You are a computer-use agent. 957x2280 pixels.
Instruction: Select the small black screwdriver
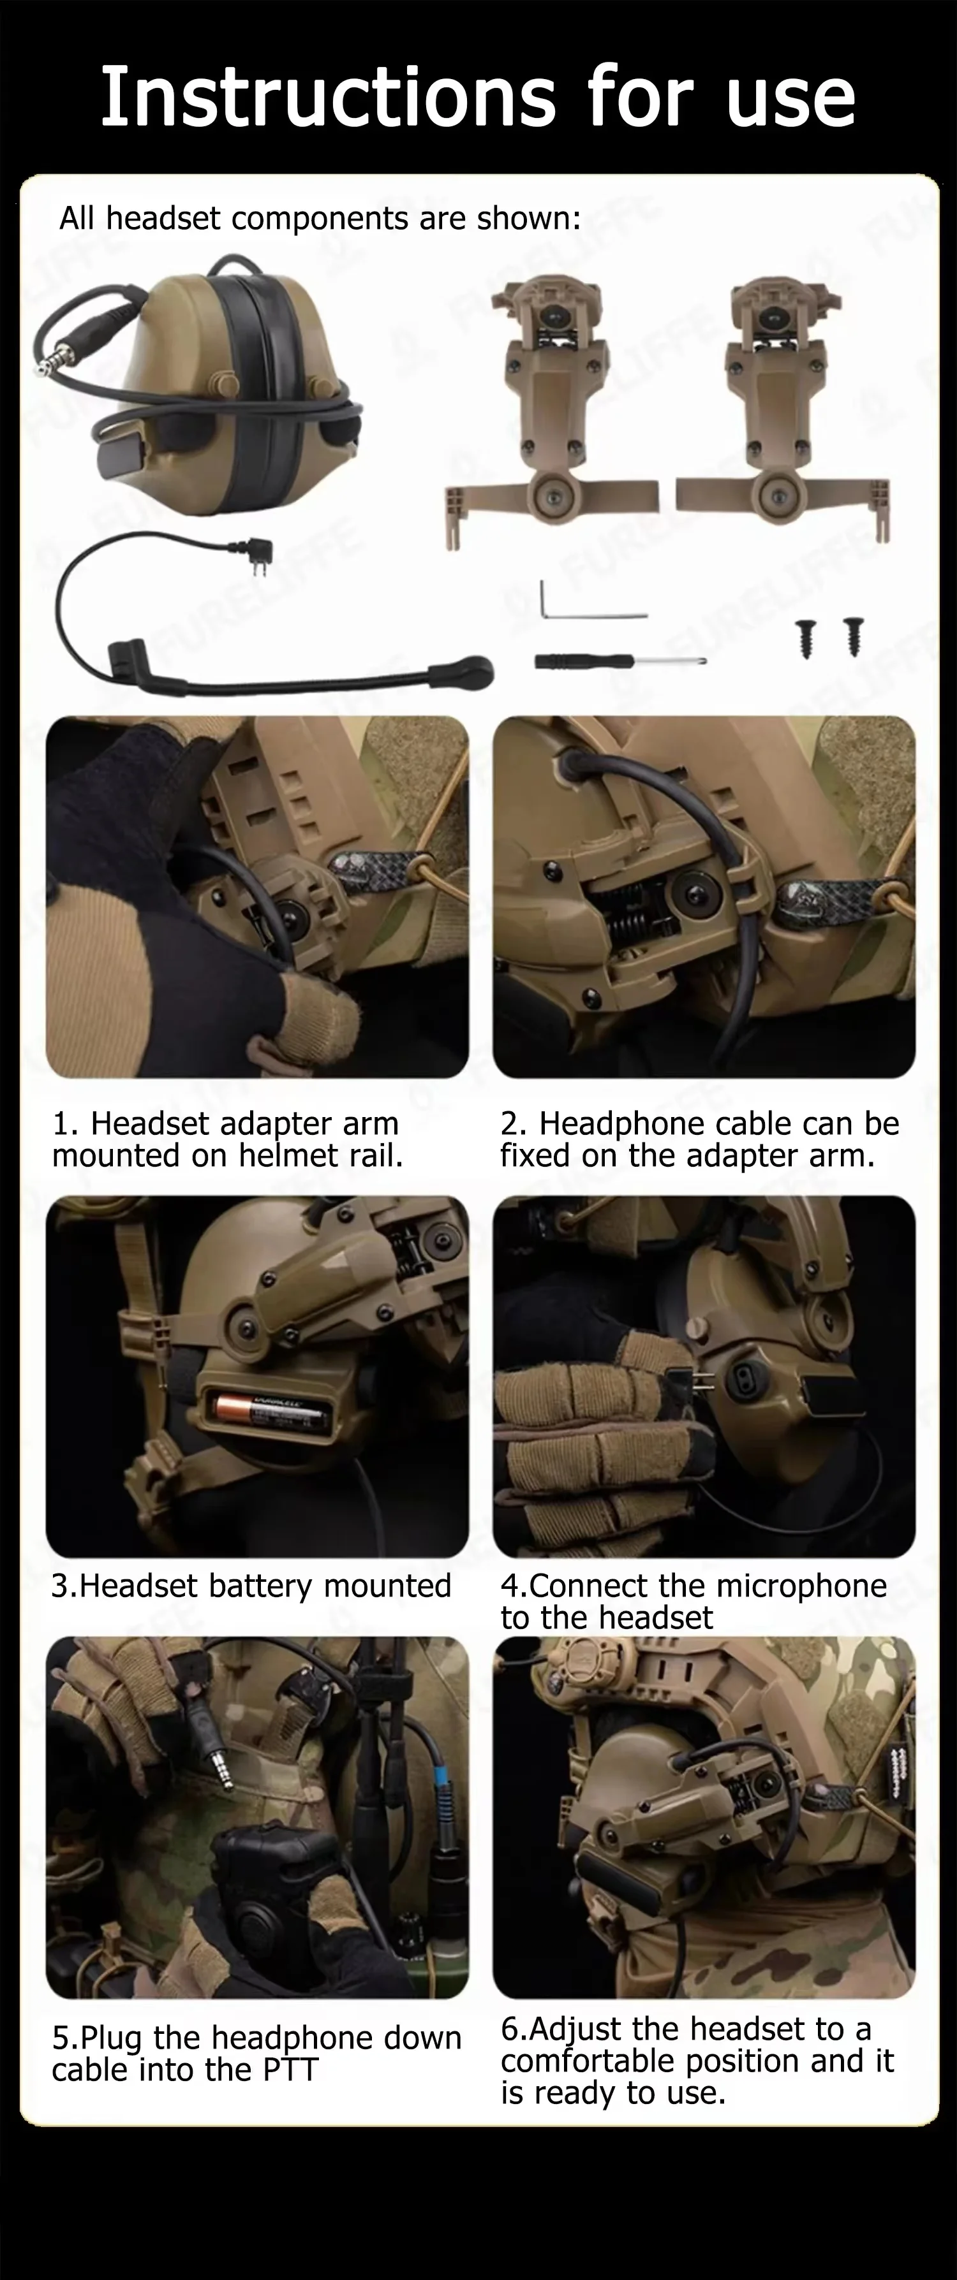click(x=619, y=661)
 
